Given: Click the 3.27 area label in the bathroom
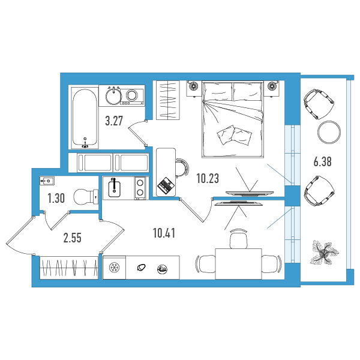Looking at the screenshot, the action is (114, 121).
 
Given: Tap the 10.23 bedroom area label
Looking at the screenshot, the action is (208, 178).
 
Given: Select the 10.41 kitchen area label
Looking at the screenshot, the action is (164, 233).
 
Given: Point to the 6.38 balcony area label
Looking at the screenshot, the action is (322, 161).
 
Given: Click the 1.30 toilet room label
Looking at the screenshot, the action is (56, 198).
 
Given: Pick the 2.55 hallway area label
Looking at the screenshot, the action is (73, 238).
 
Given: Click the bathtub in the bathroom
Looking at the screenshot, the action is (85, 118).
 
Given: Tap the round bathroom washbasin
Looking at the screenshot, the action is (113, 96).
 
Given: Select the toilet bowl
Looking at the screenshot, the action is (86, 197).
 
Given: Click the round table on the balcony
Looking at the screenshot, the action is (329, 133).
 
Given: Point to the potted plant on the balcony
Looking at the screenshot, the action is (325, 253).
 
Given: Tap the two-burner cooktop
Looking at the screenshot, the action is (140, 188).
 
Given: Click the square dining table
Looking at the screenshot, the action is (238, 264).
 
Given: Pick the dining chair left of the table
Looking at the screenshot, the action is (205, 264).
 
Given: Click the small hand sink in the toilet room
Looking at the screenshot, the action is (47, 181).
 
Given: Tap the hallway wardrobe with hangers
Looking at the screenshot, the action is (69, 268).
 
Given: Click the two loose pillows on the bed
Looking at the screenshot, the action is (234, 135).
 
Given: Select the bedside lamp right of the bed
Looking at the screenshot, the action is (272, 86).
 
